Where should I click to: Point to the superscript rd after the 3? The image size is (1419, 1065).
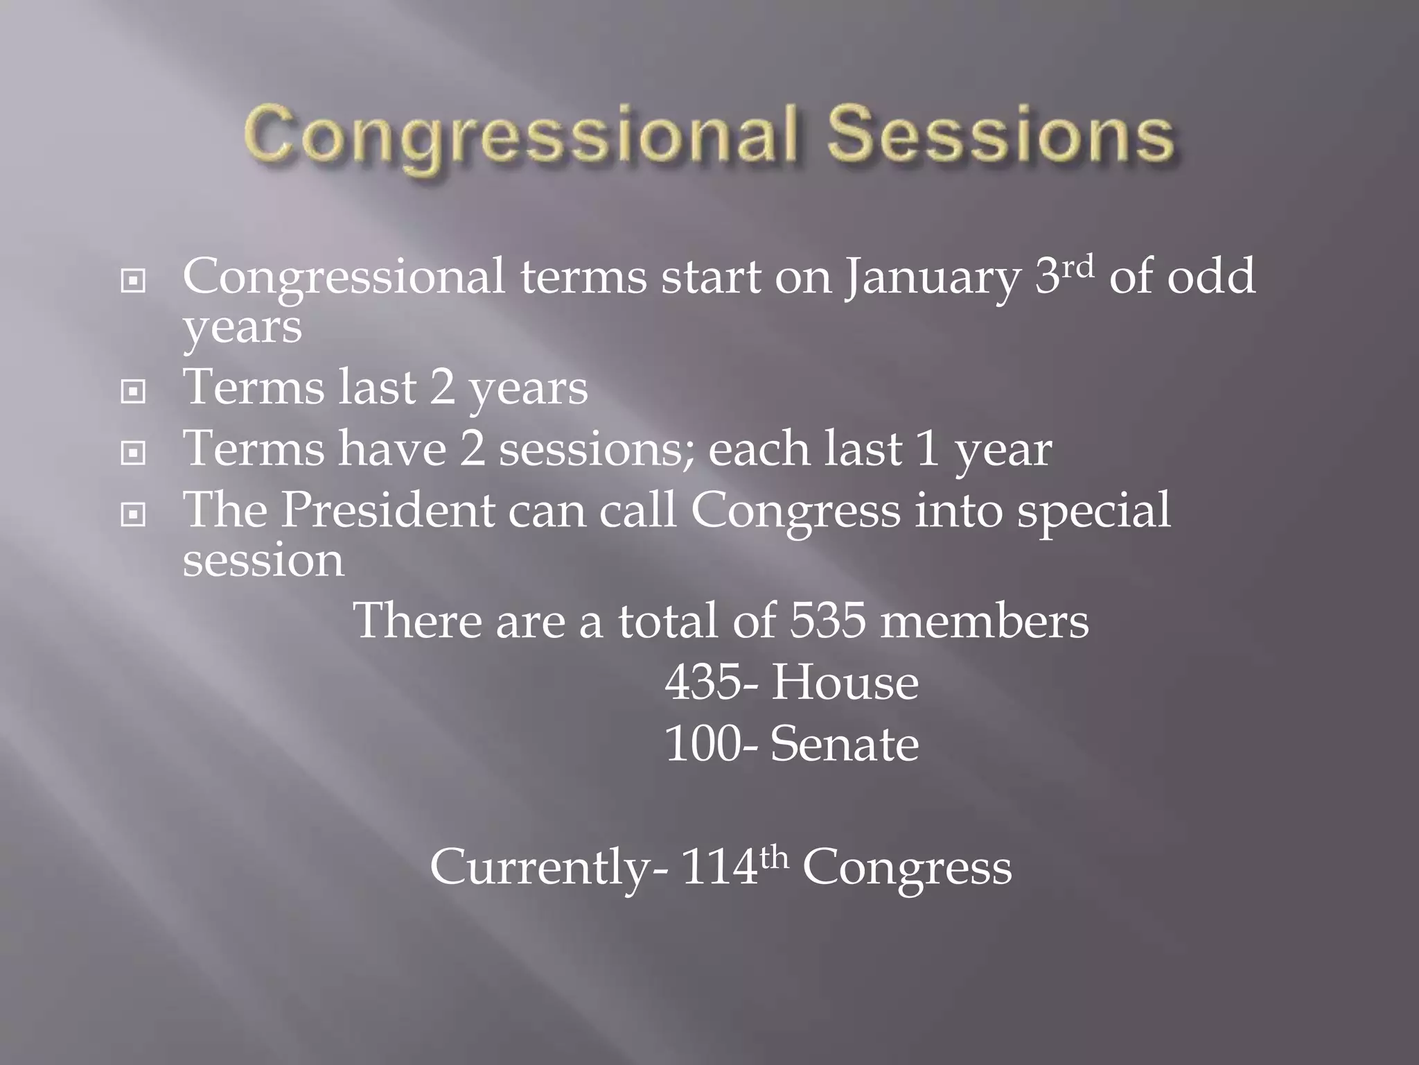pos(1077,266)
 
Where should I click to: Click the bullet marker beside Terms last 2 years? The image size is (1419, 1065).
pos(133,392)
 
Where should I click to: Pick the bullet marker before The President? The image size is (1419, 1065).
pos(133,514)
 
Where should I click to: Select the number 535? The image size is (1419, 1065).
pos(827,621)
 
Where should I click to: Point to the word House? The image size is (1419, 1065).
pos(845,683)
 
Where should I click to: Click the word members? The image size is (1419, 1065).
pos(985,621)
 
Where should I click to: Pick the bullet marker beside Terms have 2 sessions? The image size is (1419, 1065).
pos(133,453)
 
